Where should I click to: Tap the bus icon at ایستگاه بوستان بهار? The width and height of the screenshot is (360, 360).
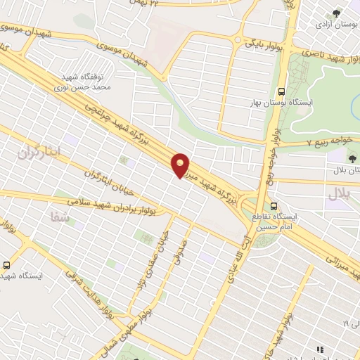pyautogui.click(x=281, y=91)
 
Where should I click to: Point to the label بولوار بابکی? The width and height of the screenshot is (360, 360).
pyautogui.click(x=262, y=44)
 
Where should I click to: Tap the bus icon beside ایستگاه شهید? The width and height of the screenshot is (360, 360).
pyautogui.click(x=6, y=265)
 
